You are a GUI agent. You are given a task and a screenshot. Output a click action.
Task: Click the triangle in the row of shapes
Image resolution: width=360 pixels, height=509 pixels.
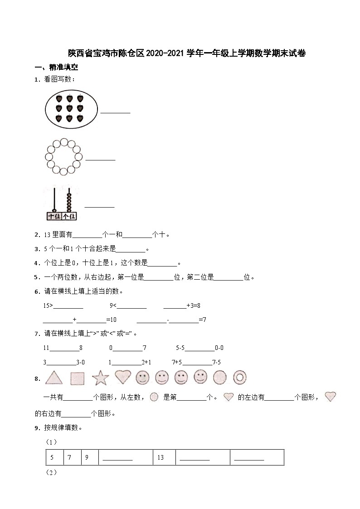pos(54,378)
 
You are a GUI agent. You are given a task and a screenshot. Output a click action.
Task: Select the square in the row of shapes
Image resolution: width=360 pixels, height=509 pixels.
pos(78,378)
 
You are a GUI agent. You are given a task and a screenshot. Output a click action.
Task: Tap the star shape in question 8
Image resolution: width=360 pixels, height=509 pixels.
pos(100,378)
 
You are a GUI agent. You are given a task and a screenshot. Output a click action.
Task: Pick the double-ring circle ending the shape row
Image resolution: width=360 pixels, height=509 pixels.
pos(239,377)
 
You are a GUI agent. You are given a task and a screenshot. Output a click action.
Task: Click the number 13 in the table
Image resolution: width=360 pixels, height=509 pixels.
pos(161,457)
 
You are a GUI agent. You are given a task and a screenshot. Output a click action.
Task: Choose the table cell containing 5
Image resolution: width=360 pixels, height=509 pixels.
pos(52,457)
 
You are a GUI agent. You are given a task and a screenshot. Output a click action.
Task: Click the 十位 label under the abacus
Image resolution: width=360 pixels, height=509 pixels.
pos(54,216)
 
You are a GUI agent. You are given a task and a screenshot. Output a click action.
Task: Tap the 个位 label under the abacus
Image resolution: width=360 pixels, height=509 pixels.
pos(69,216)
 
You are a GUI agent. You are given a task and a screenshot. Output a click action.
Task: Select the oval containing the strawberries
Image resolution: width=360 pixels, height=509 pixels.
pos(71,107)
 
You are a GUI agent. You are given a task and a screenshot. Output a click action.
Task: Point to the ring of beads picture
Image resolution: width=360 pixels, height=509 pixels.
pos(64,157)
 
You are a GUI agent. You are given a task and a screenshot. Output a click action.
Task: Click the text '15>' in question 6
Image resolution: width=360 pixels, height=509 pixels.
pos(48,306)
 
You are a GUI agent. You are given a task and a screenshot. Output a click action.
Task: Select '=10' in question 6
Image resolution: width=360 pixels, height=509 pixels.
pos(111,320)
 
